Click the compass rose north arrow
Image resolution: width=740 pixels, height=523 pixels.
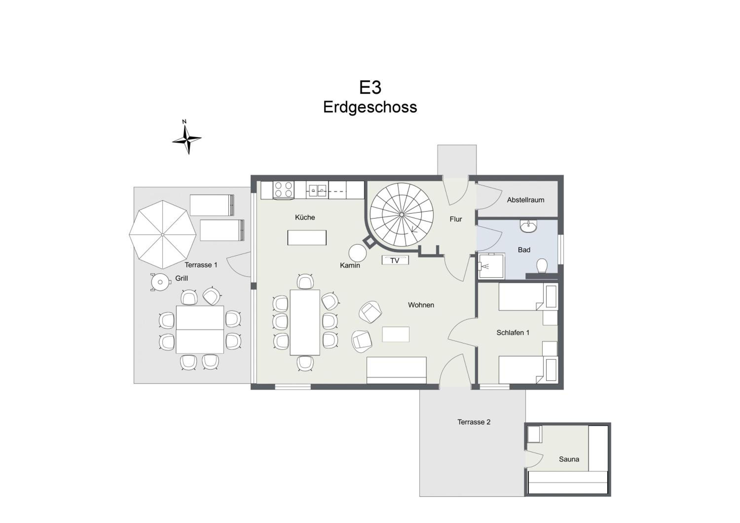[x=187, y=138]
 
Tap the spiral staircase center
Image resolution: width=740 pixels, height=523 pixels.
[x=402, y=215]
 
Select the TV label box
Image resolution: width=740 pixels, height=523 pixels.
[x=395, y=260]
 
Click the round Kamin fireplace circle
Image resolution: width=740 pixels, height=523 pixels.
[x=357, y=253]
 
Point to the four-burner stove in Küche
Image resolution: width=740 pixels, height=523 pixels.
[x=284, y=189]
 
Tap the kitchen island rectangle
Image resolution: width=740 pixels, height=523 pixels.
[x=307, y=238]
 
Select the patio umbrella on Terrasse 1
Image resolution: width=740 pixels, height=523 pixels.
[x=163, y=235]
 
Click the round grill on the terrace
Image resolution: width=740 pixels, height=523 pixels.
[x=160, y=282]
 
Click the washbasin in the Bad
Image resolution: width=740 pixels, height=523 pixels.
[x=529, y=226]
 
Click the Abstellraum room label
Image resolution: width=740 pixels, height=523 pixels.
[x=525, y=200]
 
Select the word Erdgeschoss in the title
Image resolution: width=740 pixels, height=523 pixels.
[x=370, y=107]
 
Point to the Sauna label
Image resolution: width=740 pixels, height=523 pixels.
[x=569, y=459]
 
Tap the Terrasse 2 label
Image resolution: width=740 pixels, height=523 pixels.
[x=474, y=422]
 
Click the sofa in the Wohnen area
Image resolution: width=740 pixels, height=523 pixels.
[x=396, y=370]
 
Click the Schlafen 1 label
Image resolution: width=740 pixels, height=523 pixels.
[x=513, y=333]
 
